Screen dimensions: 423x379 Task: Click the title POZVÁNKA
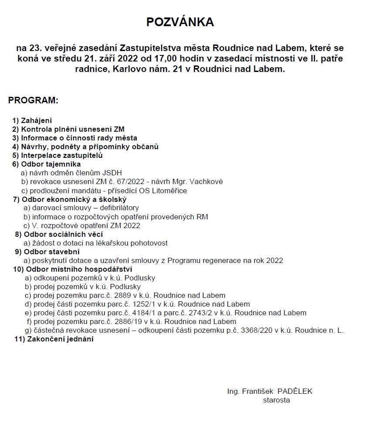180,22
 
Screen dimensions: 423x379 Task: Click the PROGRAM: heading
33,100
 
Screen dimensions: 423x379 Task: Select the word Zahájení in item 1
37,120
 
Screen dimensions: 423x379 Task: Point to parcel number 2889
123,295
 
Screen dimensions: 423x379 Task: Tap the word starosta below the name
276,400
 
